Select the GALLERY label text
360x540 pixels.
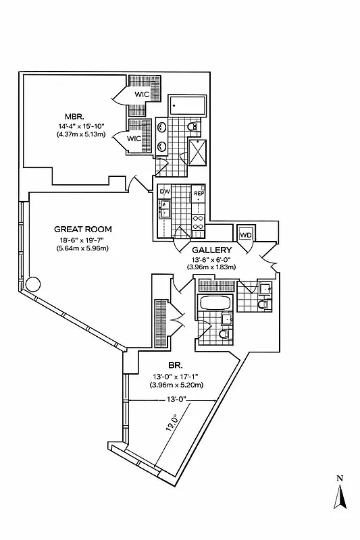212,250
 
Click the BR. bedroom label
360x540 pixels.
165,363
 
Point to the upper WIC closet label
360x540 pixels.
142,94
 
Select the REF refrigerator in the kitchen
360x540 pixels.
199,194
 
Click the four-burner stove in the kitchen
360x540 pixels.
198,223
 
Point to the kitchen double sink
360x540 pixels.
165,211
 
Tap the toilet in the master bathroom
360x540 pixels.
192,128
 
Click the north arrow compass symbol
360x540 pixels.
340,498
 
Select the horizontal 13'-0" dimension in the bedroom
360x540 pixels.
174,398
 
